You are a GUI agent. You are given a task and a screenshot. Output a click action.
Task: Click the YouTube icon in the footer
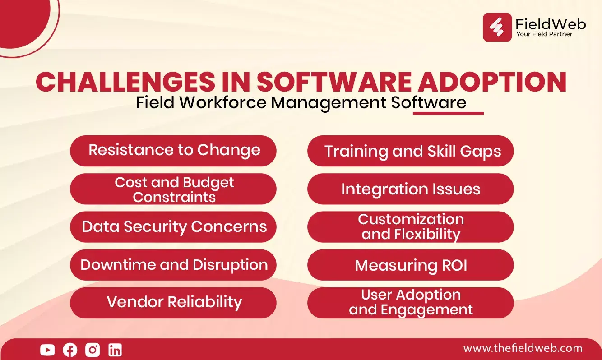(47, 350)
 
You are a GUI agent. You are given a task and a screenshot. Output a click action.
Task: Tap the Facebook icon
(70, 350)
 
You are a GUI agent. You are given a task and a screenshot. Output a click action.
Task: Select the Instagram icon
(93, 350)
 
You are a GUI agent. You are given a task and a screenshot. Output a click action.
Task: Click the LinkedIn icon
(115, 350)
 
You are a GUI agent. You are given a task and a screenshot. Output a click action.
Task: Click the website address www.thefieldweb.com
(523, 348)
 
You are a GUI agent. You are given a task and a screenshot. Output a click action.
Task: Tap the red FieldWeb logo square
(497, 27)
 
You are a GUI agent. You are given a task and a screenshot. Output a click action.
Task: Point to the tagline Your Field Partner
(544, 34)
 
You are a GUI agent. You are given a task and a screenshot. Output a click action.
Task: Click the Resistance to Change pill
(173, 151)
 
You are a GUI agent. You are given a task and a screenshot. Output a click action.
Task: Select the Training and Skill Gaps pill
(410, 151)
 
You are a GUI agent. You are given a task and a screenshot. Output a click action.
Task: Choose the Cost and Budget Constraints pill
(173, 189)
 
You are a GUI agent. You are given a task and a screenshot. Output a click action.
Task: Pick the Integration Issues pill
(410, 189)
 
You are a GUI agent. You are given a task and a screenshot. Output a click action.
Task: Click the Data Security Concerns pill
(173, 227)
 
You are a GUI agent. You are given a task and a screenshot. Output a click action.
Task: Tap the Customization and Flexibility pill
(410, 227)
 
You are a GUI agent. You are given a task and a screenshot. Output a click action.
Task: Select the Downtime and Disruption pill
(173, 265)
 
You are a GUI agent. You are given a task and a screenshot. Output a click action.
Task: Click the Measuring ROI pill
(410, 265)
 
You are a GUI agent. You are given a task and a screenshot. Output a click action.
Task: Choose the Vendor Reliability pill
(173, 303)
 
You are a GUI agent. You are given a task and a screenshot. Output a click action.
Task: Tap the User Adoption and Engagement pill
(410, 303)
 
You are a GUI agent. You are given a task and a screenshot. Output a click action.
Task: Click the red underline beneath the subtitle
(448, 114)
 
